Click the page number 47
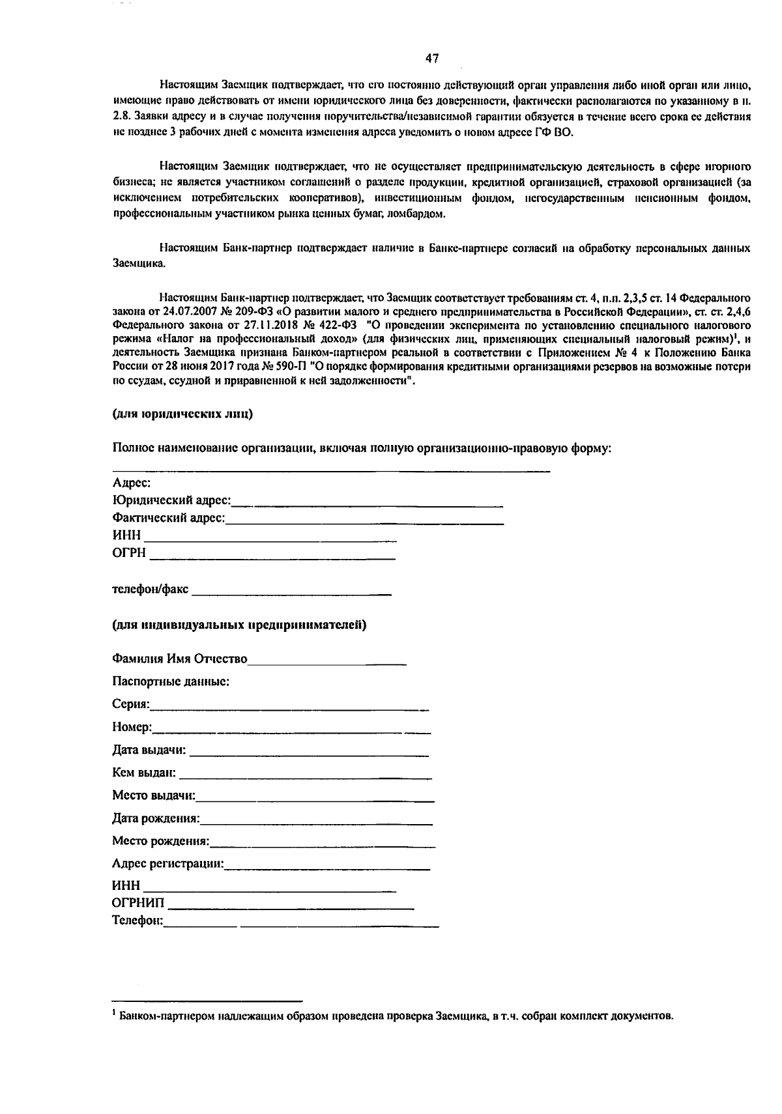click(432, 59)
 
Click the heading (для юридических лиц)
click(182, 414)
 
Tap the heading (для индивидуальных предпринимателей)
click(239, 625)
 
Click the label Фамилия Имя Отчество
click(180, 659)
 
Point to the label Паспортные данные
click(170, 682)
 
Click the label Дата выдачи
click(149, 750)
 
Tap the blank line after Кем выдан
click(305, 776)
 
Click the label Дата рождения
click(156, 818)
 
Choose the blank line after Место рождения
click(323, 845)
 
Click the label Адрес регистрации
click(167, 864)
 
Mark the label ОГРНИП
click(138, 904)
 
